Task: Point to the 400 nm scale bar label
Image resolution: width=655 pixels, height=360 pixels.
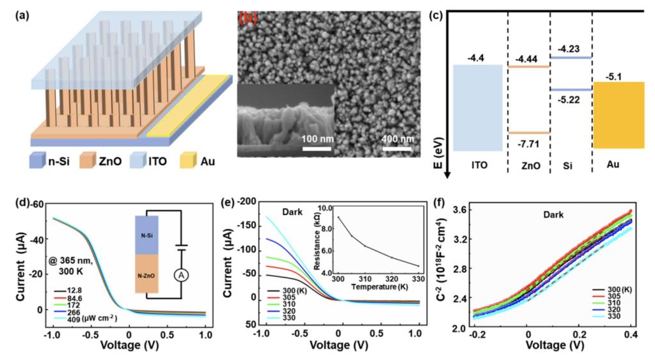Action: click(x=399, y=139)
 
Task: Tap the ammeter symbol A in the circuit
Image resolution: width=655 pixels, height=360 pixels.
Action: click(x=181, y=274)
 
